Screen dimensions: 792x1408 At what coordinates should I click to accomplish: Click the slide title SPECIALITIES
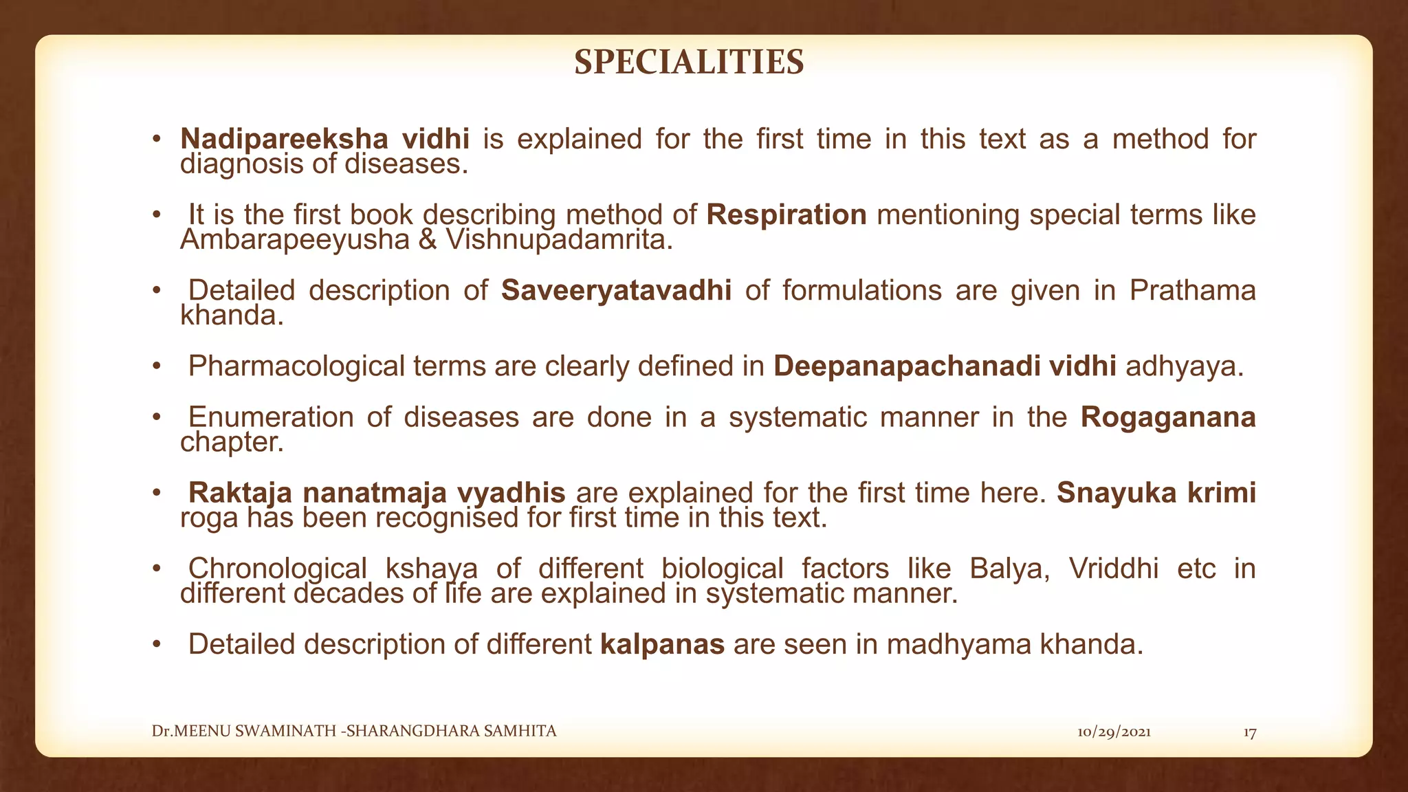pos(689,63)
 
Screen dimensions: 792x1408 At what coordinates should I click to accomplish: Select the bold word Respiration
pos(786,214)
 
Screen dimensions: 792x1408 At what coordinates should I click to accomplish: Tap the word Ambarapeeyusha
pos(294,240)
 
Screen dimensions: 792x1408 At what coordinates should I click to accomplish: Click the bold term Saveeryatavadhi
pos(616,290)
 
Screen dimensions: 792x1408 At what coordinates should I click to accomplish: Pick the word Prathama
pos(1192,290)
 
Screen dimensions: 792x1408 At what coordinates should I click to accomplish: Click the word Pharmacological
pos(296,366)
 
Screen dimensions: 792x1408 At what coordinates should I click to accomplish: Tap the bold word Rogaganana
pos(1168,417)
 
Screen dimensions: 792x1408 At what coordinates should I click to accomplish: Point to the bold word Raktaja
pos(240,492)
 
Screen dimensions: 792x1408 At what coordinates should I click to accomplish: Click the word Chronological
pos(277,569)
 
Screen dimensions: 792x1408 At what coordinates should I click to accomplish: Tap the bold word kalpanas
pos(662,644)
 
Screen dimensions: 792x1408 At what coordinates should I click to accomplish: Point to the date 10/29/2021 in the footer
pos(1114,732)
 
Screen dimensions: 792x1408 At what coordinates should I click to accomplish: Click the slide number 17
pos(1250,733)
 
